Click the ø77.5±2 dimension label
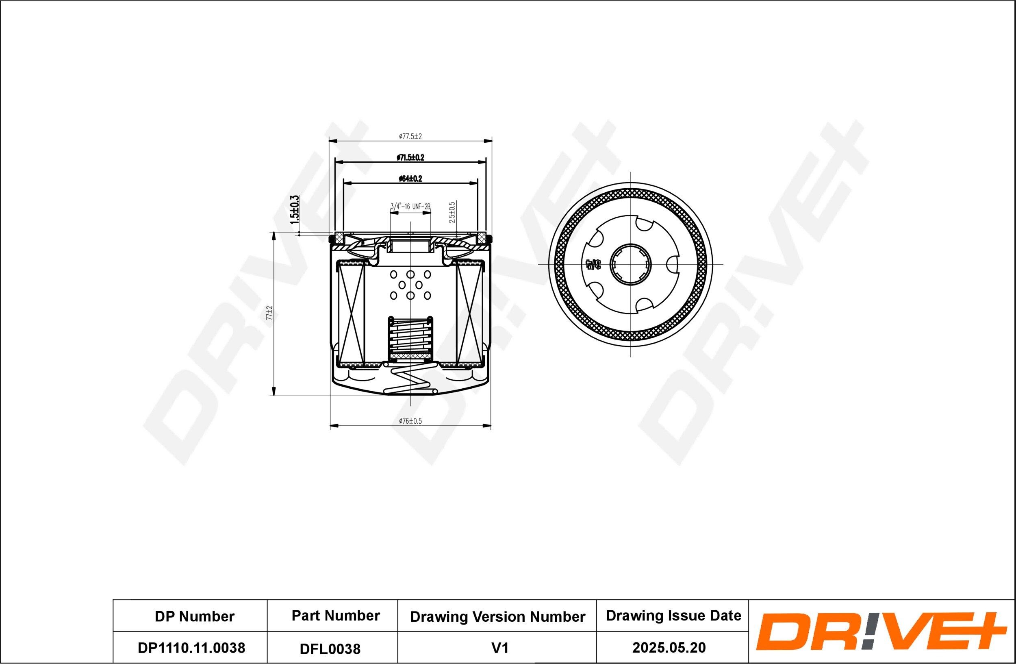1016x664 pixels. click(410, 137)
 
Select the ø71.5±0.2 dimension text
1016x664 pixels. click(410, 158)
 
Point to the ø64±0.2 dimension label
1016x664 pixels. click(410, 179)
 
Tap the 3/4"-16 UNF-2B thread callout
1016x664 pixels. click(410, 207)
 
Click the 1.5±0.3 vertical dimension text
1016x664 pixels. click(295, 210)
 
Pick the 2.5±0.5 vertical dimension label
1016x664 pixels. click(452, 212)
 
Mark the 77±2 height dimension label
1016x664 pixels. click(269, 313)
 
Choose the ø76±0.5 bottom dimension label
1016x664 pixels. click(410, 421)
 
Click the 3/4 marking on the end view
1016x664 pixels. click(593, 265)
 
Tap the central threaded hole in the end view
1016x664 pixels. click(630, 264)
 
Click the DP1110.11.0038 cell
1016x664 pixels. click(191, 648)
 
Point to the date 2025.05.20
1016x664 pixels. click(669, 648)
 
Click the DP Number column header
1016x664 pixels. click(194, 616)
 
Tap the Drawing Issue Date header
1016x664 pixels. click(673, 616)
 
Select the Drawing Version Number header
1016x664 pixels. click(497, 617)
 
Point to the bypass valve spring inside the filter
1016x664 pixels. click(410, 337)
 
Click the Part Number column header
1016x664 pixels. click(336, 616)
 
